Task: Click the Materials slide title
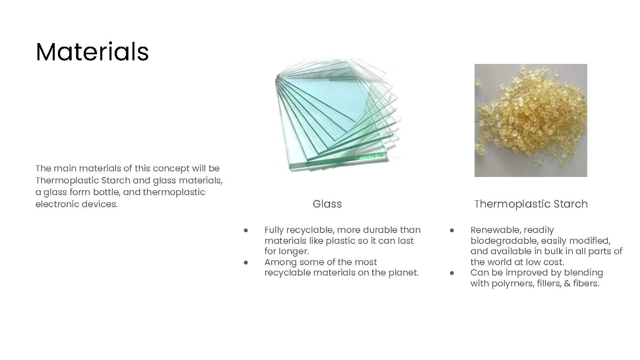click(x=92, y=51)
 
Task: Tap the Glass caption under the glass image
click(x=327, y=204)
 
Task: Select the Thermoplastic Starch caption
click(x=531, y=204)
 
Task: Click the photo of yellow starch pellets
click(x=531, y=120)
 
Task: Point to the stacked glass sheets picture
click(x=337, y=115)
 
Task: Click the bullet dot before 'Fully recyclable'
click(x=246, y=230)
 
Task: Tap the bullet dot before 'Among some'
click(x=246, y=263)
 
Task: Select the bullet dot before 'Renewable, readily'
click(x=452, y=230)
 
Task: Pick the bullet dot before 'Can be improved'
click(x=452, y=273)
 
